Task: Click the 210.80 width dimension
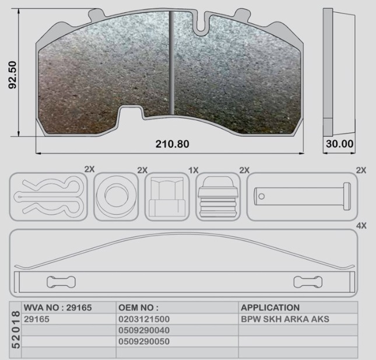point(172,144)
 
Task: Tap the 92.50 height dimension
point(12,75)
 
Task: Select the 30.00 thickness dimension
point(339,144)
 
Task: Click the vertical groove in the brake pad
point(171,63)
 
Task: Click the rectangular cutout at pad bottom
point(131,113)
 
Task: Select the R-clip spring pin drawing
point(49,196)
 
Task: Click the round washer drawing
point(117,196)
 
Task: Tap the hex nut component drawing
point(167,197)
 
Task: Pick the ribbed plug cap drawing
point(218,197)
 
